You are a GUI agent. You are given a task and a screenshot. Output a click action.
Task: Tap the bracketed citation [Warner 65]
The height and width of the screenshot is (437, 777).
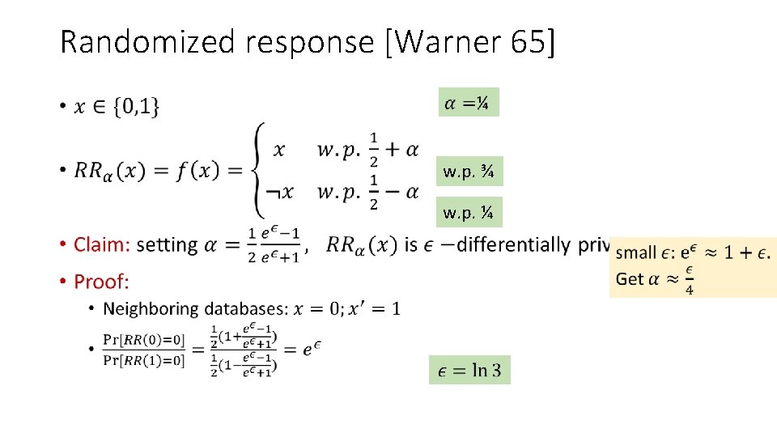click(x=472, y=41)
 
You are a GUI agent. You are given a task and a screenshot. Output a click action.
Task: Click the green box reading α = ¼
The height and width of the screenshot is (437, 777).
click(x=469, y=103)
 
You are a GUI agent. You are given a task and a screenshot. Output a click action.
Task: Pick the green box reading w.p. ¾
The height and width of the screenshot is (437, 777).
click(x=469, y=172)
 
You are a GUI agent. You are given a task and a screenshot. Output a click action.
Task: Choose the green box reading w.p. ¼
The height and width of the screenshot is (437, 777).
click(x=469, y=213)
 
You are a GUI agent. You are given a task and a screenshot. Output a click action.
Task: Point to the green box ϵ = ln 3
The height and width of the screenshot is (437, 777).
click(x=469, y=371)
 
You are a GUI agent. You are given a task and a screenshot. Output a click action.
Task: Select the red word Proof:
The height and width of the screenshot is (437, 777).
click(x=101, y=282)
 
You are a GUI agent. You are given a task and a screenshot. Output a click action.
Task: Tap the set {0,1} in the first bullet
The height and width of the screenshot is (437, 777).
click(x=137, y=106)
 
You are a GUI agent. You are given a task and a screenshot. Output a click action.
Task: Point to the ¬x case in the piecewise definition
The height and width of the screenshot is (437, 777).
click(x=279, y=192)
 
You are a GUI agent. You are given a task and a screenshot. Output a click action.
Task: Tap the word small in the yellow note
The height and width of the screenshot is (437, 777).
click(x=637, y=253)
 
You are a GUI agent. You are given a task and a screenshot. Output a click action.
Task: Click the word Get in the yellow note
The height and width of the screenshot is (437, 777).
click(x=630, y=278)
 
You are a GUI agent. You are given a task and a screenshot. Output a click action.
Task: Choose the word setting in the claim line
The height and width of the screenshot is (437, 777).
click(x=167, y=244)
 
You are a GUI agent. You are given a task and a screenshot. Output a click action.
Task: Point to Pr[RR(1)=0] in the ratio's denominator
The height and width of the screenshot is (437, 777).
click(x=144, y=360)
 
